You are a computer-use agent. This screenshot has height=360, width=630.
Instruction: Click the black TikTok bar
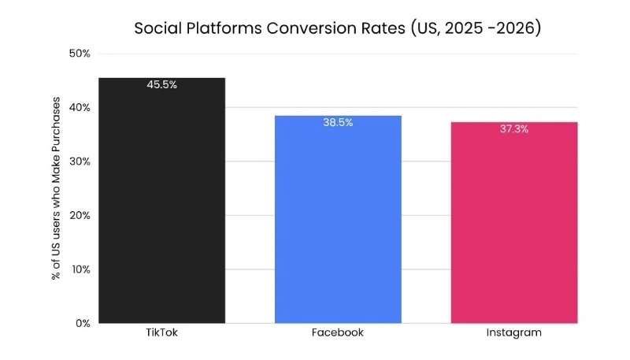(x=162, y=201)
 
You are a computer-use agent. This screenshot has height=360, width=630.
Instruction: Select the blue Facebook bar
(x=338, y=219)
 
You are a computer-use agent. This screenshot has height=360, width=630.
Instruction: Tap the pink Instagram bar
(x=514, y=223)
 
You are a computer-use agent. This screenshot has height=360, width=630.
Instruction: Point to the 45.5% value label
(x=162, y=85)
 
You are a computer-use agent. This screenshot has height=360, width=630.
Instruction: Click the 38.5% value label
(x=338, y=123)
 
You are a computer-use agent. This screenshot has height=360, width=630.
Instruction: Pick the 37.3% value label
(x=514, y=129)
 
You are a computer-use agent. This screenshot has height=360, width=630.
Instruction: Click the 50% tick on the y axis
(x=80, y=54)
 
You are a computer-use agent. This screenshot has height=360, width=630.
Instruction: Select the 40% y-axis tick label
(x=80, y=108)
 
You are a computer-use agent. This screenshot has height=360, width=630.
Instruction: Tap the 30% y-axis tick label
(x=80, y=161)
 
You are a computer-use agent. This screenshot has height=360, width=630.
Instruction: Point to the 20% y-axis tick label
(x=80, y=215)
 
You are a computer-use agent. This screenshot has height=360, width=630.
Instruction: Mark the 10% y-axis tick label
(x=81, y=269)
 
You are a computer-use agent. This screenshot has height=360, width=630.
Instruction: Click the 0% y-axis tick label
(x=83, y=324)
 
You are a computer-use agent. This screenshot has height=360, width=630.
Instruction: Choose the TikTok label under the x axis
(x=161, y=332)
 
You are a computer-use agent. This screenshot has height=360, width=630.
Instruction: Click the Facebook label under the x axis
(x=338, y=332)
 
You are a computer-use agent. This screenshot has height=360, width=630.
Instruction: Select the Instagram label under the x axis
(x=514, y=333)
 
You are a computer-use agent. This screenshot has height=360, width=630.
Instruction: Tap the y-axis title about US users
(x=56, y=188)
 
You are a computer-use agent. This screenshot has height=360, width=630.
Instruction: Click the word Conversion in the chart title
(x=336, y=28)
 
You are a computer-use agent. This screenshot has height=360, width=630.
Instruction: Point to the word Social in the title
(x=158, y=28)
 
